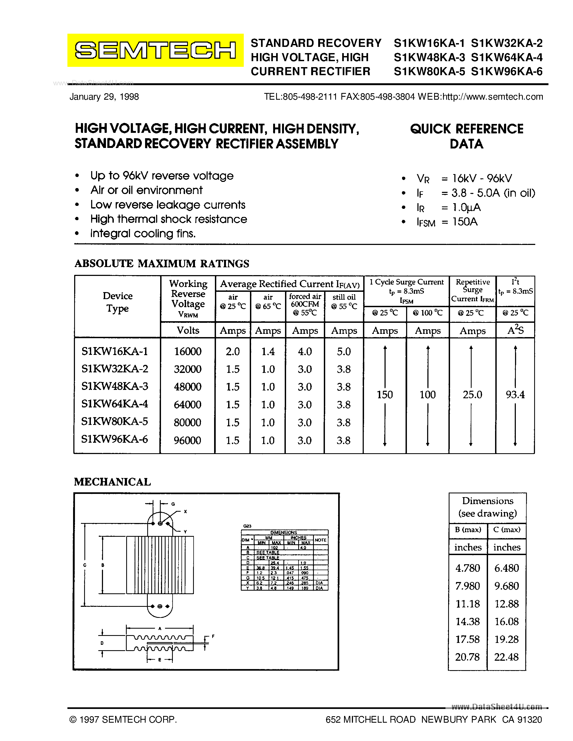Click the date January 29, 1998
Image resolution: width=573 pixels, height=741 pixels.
(104, 97)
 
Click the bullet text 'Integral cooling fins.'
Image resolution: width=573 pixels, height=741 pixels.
(143, 233)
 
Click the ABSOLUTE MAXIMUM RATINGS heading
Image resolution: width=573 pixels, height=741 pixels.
(162, 264)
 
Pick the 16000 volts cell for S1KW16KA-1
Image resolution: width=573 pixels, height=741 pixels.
(187, 351)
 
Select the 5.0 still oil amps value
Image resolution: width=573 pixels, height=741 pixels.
(344, 351)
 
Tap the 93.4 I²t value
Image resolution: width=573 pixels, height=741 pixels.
(515, 394)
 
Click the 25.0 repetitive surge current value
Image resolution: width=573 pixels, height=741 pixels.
(472, 394)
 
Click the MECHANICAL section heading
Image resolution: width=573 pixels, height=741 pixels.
(112, 482)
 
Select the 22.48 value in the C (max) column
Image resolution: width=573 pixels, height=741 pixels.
(506, 657)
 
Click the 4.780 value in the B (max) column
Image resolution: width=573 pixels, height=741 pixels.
(467, 568)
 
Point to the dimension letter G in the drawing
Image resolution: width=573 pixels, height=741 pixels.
(173, 504)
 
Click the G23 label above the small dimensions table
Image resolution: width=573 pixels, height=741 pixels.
(247, 526)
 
